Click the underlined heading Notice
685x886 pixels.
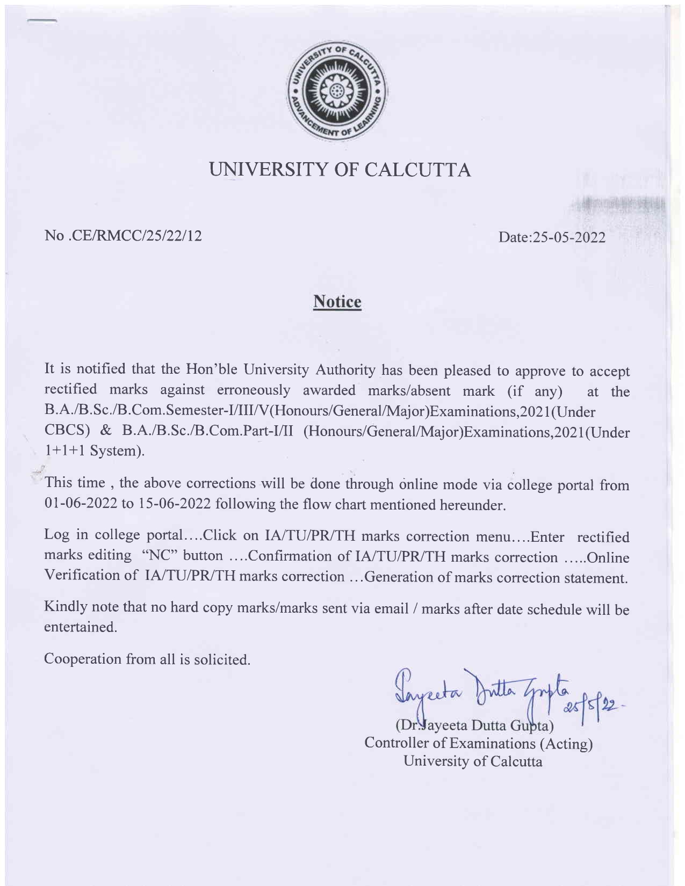(337, 302)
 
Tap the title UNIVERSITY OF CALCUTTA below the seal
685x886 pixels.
(341, 170)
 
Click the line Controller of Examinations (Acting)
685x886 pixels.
(478, 744)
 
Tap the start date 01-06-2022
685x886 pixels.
(79, 504)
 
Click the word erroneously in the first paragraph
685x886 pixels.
(254, 390)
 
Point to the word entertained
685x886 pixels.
(80, 627)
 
